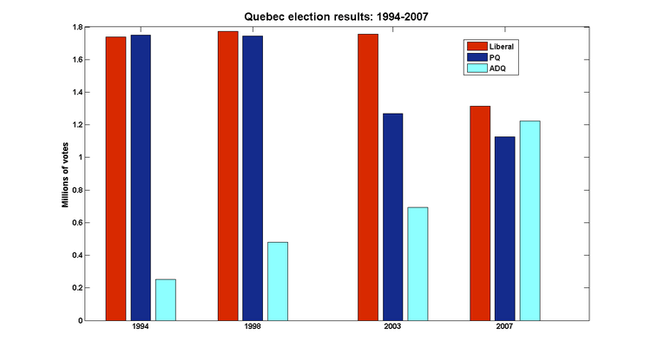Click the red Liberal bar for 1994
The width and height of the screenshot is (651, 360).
[115, 178]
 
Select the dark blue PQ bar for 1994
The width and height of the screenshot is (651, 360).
[141, 177]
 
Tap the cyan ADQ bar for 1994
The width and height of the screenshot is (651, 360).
[166, 299]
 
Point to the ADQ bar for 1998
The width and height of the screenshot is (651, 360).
[278, 281]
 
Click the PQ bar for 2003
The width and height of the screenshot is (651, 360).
[392, 217]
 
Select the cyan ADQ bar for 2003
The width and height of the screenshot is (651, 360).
[418, 264]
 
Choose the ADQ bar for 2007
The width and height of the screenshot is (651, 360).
[529, 220]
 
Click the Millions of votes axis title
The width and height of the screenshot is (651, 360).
[66, 173]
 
